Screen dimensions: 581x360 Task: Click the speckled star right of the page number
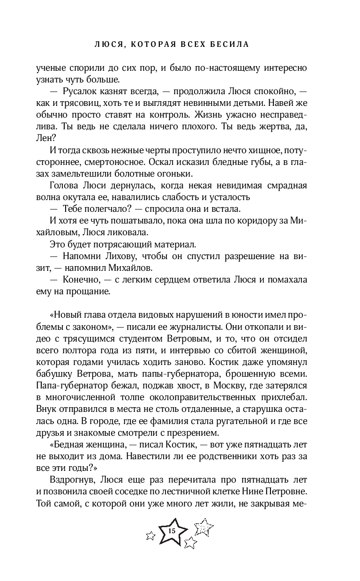pos(203,528)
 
